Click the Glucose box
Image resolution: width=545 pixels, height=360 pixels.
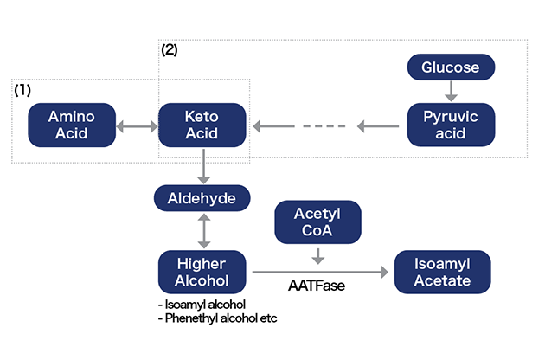pyautogui.click(x=450, y=67)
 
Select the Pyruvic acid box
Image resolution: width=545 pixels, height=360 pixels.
pyautogui.click(x=450, y=125)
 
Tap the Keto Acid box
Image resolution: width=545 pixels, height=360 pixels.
pyautogui.click(x=202, y=125)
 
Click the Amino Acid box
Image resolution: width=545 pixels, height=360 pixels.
pyautogui.click(x=71, y=125)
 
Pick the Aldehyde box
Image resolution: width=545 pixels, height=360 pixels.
pyautogui.click(x=202, y=198)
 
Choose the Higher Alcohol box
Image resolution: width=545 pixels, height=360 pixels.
pyautogui.click(x=202, y=271)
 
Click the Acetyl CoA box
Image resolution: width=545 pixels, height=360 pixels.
pyautogui.click(x=317, y=223)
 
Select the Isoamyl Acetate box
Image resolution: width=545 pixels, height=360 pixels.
pyautogui.click(x=442, y=271)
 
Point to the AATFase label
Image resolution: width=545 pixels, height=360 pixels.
pyautogui.click(x=317, y=285)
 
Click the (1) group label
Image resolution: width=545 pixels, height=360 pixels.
pyautogui.click(x=22, y=89)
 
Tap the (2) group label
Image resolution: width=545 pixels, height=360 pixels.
pyautogui.click(x=170, y=50)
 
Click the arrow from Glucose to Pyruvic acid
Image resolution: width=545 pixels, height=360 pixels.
pyautogui.click(x=450, y=92)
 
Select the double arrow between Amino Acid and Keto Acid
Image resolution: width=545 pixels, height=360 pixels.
pyautogui.click(x=137, y=126)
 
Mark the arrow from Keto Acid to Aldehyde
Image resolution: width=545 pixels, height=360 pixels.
pyautogui.click(x=202, y=165)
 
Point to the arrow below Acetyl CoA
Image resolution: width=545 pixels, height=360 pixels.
pyautogui.click(x=317, y=256)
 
